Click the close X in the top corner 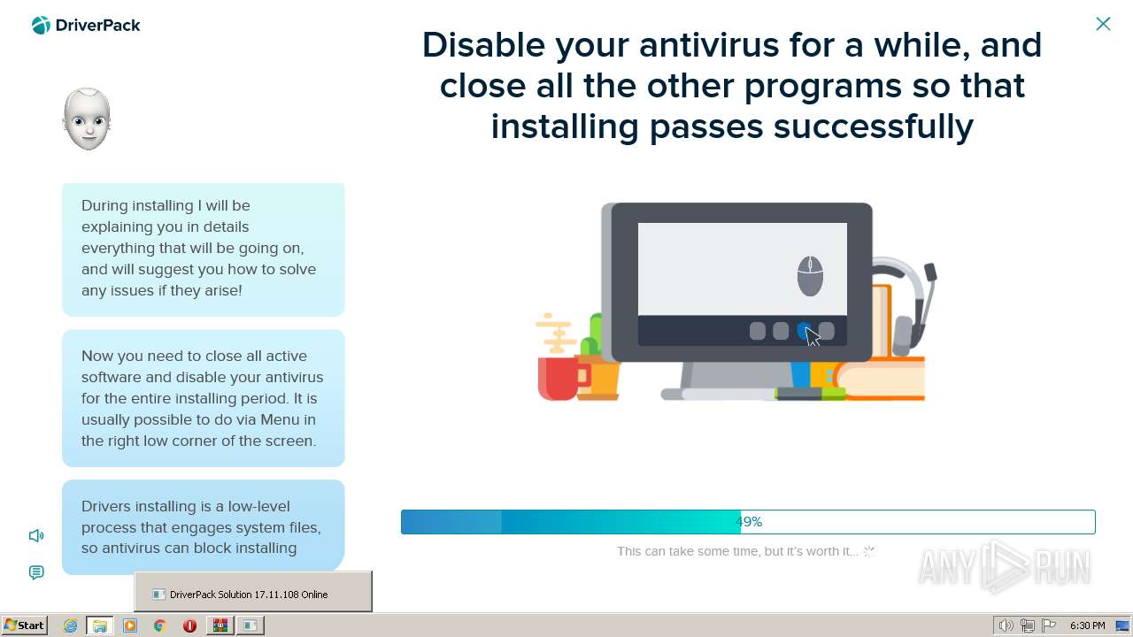coord(1103,24)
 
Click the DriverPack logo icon coord(41,26)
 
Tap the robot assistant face coord(87,119)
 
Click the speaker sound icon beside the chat coord(36,535)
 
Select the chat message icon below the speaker coord(36,572)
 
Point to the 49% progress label coord(749,522)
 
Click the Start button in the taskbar coord(24,625)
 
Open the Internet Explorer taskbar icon coord(70,625)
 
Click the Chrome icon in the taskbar coord(160,625)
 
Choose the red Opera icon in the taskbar coord(189,625)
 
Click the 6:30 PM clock coord(1088,625)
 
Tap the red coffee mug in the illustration coord(560,378)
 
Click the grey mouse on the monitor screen coord(810,276)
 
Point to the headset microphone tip coord(930,272)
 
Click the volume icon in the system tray coord(1006,625)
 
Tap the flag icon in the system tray coord(1049,625)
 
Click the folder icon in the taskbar coord(100,625)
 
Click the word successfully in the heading coord(874,127)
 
